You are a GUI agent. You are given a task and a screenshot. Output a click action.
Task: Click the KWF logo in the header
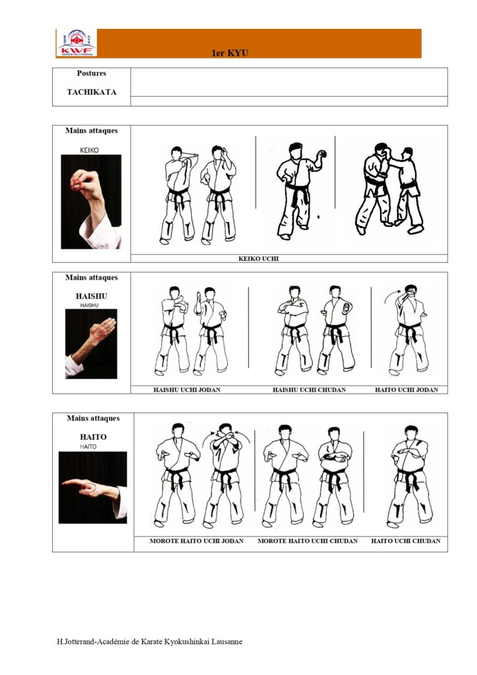pyautogui.click(x=76, y=43)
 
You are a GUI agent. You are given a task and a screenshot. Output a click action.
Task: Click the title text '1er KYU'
pyautogui.click(x=230, y=53)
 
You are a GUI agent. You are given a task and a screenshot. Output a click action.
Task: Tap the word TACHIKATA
pyautogui.click(x=92, y=92)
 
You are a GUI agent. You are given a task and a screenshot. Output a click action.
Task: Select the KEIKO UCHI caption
pyautogui.click(x=258, y=258)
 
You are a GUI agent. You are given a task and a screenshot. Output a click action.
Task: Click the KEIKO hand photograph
pyautogui.click(x=91, y=202)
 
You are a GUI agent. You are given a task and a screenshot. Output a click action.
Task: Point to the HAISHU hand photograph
pyautogui.click(x=91, y=344)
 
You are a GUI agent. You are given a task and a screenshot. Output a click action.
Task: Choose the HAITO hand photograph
pyautogui.click(x=93, y=487)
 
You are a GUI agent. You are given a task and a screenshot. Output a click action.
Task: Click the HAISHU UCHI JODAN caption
pyautogui.click(x=187, y=390)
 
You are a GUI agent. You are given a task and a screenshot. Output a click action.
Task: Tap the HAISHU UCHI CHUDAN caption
pyautogui.click(x=309, y=390)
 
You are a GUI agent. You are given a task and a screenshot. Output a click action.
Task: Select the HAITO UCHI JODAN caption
pyautogui.click(x=407, y=390)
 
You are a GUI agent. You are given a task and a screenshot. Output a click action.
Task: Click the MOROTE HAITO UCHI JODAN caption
pyautogui.click(x=196, y=541)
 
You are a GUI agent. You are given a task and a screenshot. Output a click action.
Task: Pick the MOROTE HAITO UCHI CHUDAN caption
pyautogui.click(x=308, y=541)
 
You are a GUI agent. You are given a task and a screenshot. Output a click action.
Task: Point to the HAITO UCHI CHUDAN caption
pyautogui.click(x=406, y=541)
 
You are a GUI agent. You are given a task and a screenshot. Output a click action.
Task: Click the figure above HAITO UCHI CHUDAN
pyautogui.click(x=410, y=477)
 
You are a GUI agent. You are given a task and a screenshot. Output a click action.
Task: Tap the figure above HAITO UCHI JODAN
pyautogui.click(x=408, y=330)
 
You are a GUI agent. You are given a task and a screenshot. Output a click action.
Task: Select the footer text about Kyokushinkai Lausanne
pyautogui.click(x=150, y=641)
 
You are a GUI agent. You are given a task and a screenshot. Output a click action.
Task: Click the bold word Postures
pyautogui.click(x=92, y=73)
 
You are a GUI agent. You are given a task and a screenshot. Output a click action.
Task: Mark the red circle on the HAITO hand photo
pyautogui.click(x=90, y=488)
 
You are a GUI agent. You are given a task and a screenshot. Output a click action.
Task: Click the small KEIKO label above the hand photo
pyautogui.click(x=90, y=150)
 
